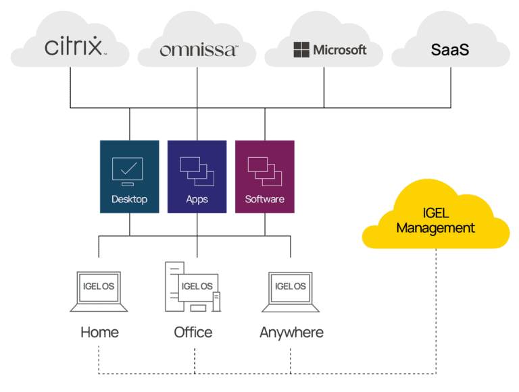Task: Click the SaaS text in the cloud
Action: (449, 50)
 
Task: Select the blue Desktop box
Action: (129, 177)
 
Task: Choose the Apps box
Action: (197, 177)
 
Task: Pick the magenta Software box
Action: (264, 177)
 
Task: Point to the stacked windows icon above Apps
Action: (197, 171)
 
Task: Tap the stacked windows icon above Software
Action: (264, 171)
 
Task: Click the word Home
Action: (99, 333)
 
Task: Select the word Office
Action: (193, 333)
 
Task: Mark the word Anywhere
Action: (291, 333)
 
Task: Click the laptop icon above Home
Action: (99, 291)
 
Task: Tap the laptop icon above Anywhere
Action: (291, 291)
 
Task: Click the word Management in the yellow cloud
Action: (435, 228)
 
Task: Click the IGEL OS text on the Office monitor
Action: (197, 286)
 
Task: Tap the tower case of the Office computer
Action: (174, 287)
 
